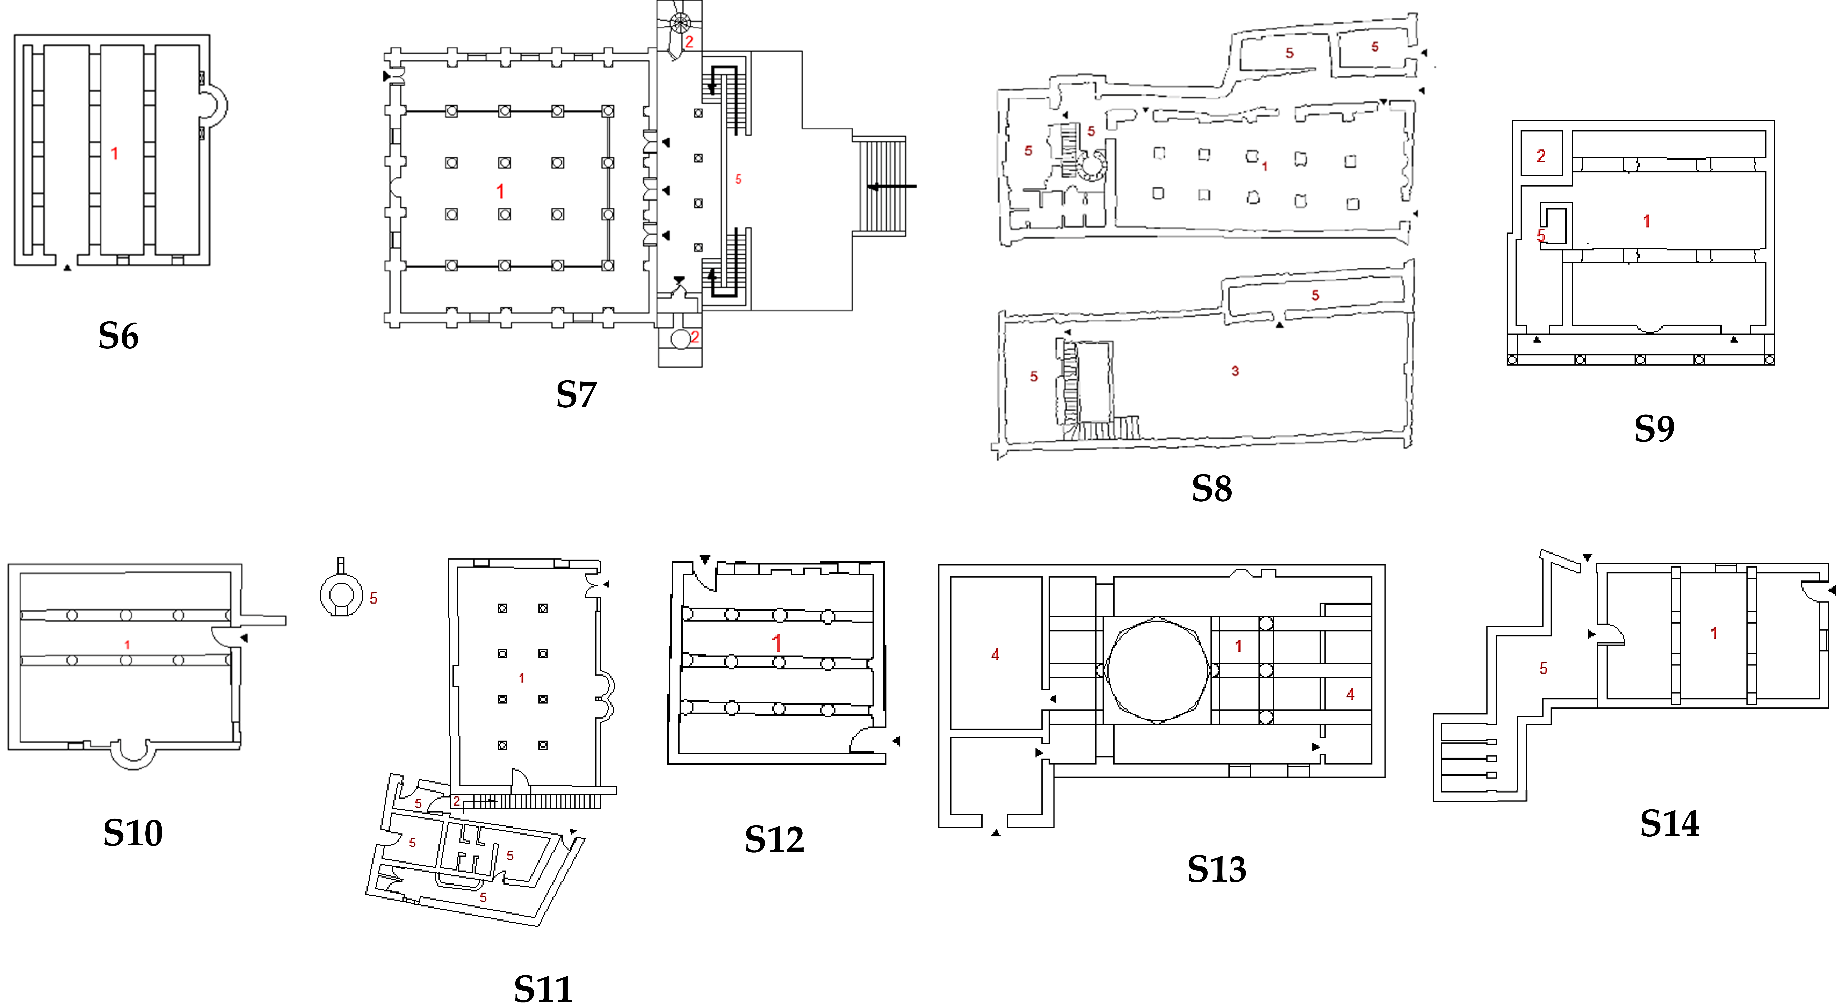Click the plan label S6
(x=118, y=336)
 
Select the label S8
(x=1211, y=489)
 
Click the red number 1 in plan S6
(x=114, y=153)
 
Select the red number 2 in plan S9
(x=1541, y=156)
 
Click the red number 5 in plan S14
(x=1543, y=668)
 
